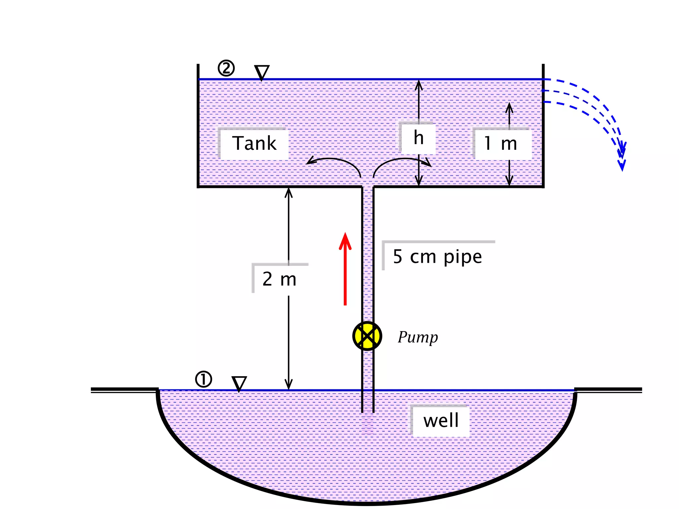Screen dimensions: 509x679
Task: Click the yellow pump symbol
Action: pyautogui.click(x=367, y=336)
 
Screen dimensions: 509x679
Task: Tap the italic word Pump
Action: pyautogui.click(x=418, y=337)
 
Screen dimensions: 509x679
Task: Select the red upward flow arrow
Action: pyautogui.click(x=345, y=268)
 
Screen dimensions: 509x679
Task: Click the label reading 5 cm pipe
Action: pyautogui.click(x=437, y=257)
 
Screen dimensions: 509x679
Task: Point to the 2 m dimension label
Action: pyautogui.click(x=279, y=279)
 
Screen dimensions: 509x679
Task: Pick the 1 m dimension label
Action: pyautogui.click(x=501, y=143)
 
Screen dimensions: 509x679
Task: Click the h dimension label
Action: pyautogui.click(x=418, y=138)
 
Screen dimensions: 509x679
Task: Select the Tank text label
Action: pyautogui.click(x=254, y=143)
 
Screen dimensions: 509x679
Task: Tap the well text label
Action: pyautogui.click(x=441, y=421)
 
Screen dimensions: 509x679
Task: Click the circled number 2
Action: pyautogui.click(x=226, y=69)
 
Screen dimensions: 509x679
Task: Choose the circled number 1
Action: pyautogui.click(x=204, y=379)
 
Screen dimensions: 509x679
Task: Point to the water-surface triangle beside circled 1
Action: pyautogui.click(x=239, y=384)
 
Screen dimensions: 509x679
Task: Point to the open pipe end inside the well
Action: pyautogui.click(x=368, y=412)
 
